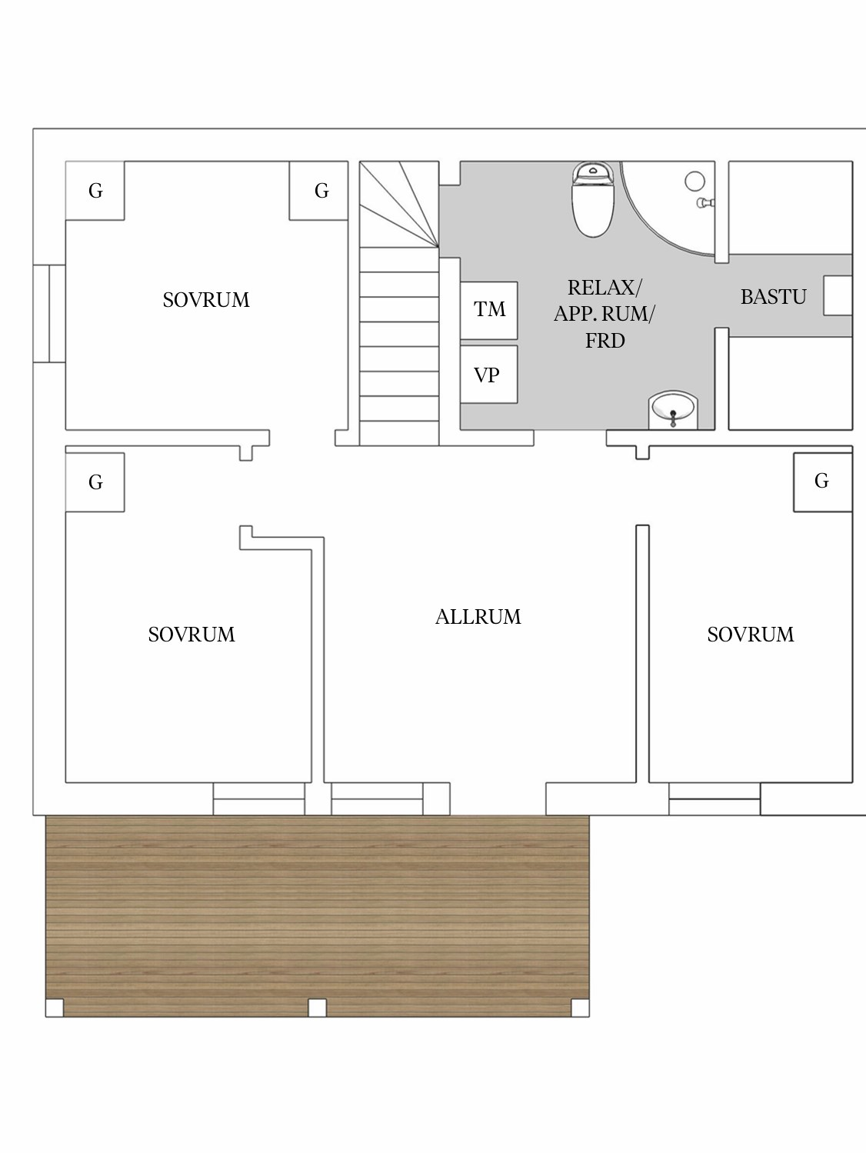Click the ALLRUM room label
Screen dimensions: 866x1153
point(478,617)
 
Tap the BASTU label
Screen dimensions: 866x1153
point(773,298)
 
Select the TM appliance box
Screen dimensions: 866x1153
point(489,311)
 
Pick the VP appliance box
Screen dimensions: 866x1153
point(489,375)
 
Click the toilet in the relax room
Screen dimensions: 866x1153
point(593,199)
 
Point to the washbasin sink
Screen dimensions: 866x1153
point(673,410)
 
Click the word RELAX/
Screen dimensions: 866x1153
point(604,288)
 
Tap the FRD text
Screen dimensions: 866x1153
point(605,342)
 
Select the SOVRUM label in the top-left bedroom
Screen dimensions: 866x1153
point(206,300)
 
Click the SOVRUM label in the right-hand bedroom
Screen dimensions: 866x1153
point(751,635)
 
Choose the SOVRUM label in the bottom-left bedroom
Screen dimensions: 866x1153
point(192,635)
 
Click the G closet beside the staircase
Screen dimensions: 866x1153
point(318,191)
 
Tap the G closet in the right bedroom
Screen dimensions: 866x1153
point(822,482)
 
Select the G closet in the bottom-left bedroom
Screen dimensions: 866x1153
point(95,482)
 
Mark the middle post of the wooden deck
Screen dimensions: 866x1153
point(317,1008)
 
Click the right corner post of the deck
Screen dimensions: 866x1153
point(581,1008)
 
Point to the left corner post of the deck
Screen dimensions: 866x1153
point(55,1008)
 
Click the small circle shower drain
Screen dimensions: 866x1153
point(694,182)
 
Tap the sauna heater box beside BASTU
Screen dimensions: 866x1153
point(838,295)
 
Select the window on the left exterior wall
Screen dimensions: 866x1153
point(49,314)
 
